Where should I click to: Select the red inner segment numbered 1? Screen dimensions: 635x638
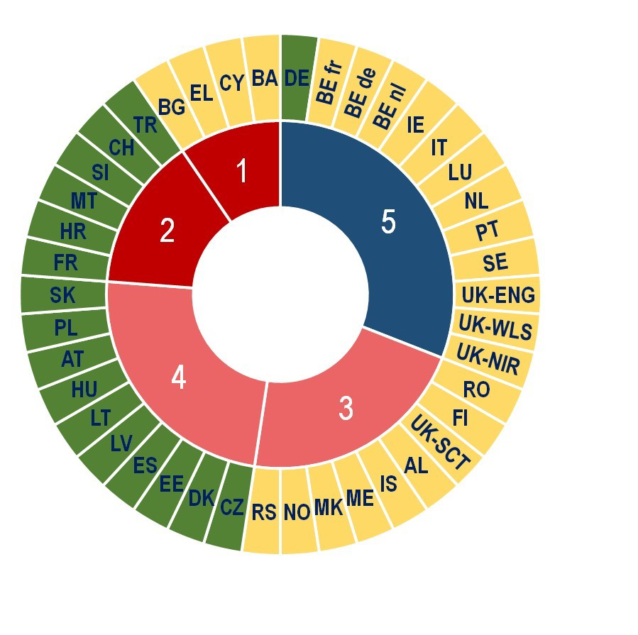(x=241, y=171)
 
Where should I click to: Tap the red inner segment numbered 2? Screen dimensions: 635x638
(x=167, y=231)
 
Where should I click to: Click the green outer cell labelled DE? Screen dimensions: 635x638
(x=297, y=78)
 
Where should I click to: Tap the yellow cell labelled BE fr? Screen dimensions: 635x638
(x=329, y=83)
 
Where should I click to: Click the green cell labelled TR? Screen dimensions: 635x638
(x=145, y=125)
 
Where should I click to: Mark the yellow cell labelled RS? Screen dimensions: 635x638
(x=263, y=512)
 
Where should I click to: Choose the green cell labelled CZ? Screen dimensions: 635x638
(x=231, y=507)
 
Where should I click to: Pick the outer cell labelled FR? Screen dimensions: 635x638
(x=65, y=263)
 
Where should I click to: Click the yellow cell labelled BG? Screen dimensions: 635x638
(x=172, y=106)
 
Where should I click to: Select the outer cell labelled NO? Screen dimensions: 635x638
(x=297, y=512)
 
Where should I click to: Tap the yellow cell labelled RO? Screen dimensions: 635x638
(x=476, y=389)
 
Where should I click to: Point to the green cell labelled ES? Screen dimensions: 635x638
(x=145, y=465)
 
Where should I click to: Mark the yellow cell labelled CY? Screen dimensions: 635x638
(x=231, y=83)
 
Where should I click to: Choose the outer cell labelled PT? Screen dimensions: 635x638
(x=487, y=231)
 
